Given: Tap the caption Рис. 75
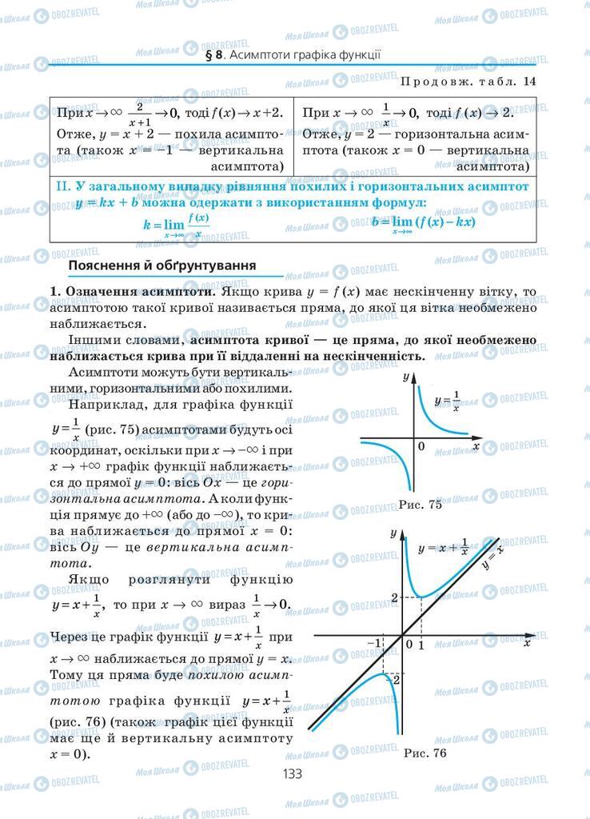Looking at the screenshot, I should point(422,505).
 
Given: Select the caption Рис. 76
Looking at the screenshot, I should point(425,753).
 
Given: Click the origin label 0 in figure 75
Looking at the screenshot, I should point(421,446).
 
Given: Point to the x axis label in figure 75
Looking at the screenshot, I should point(476,446).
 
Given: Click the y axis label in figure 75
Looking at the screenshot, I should point(406,376).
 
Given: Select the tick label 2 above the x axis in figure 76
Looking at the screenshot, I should point(394,597).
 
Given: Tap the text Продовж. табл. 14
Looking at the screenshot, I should point(467,81).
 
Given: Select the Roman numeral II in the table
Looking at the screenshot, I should point(65,185).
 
